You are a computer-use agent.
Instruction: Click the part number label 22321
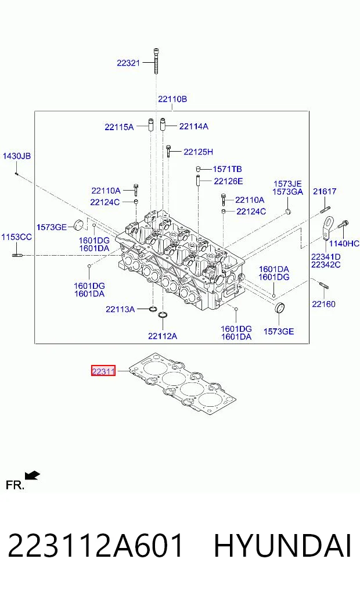[128, 63]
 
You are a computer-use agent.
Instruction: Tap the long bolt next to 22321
[156, 61]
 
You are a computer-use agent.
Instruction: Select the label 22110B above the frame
[172, 99]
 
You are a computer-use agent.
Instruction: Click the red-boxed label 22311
[103, 371]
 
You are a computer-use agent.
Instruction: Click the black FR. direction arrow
[33, 476]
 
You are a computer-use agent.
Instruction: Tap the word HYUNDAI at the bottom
[282, 546]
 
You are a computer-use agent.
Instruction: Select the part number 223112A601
[95, 546]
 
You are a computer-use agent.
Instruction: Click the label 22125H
[198, 152]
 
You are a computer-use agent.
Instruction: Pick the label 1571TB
[227, 169]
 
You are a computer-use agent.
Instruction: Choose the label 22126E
[228, 181]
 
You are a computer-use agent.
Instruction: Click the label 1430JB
[17, 156]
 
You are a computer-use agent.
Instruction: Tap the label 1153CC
[17, 237]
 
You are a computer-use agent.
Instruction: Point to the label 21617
[324, 191]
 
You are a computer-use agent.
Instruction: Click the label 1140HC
[344, 243]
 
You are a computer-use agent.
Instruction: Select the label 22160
[323, 304]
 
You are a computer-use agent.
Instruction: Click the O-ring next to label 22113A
[153, 309]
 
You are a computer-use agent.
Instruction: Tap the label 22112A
[163, 336]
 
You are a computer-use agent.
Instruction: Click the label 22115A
[119, 127]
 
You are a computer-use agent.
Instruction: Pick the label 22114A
[193, 126]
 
